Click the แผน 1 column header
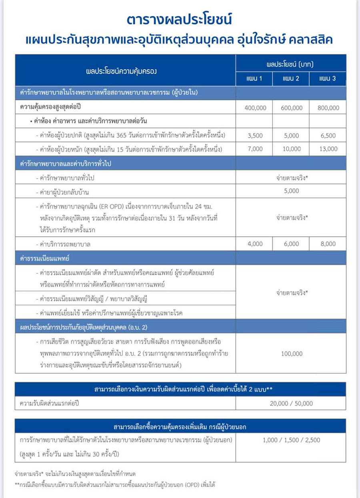pyautogui.click(x=254, y=79)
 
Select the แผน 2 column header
pyautogui.click(x=291, y=79)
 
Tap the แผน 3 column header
pyautogui.click(x=328, y=79)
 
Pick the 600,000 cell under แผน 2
pyautogui.click(x=291, y=108)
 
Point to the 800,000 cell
pyautogui.click(x=328, y=108)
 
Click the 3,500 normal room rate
pyautogui.click(x=255, y=135)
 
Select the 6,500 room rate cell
pyautogui.click(x=328, y=135)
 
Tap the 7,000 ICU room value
pyautogui.click(x=255, y=149)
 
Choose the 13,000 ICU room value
pyautogui.click(x=328, y=149)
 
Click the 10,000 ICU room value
pyautogui.click(x=291, y=149)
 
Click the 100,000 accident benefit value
pyautogui.click(x=291, y=354)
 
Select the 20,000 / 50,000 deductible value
pyautogui.click(x=291, y=403)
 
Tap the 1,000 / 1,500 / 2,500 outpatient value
pyautogui.click(x=291, y=440)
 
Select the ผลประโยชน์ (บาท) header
pyautogui.click(x=291, y=64)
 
